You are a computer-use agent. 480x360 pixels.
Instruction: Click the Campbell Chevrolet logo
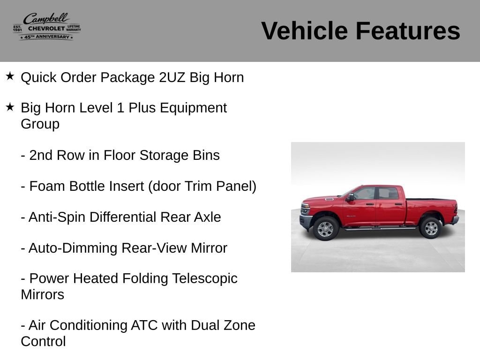(x=47, y=27)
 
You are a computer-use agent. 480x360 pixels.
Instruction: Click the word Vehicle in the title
(x=304, y=30)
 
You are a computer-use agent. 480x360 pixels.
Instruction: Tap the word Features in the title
(x=408, y=30)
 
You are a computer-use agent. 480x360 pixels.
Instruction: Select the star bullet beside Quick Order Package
(x=10, y=76)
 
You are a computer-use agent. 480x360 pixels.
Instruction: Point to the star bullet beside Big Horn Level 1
(x=10, y=107)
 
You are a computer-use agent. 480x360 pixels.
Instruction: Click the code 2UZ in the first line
(x=172, y=77)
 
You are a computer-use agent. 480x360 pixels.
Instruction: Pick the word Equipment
(x=193, y=108)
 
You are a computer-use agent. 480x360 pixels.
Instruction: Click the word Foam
(x=47, y=186)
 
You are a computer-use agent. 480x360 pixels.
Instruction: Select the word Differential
(x=123, y=217)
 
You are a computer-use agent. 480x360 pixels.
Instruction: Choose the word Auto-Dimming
(x=73, y=248)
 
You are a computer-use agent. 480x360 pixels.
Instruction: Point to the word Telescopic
(x=205, y=279)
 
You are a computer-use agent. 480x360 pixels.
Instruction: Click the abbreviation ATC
(x=144, y=325)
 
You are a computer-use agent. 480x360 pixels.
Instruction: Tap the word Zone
(x=240, y=325)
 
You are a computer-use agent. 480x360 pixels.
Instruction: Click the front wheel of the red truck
(x=326, y=228)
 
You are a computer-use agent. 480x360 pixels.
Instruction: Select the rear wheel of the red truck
(x=431, y=228)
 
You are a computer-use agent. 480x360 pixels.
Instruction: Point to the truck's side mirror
(x=350, y=197)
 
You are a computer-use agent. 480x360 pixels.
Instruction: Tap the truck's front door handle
(x=370, y=204)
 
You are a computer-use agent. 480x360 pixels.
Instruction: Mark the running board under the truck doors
(x=380, y=228)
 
